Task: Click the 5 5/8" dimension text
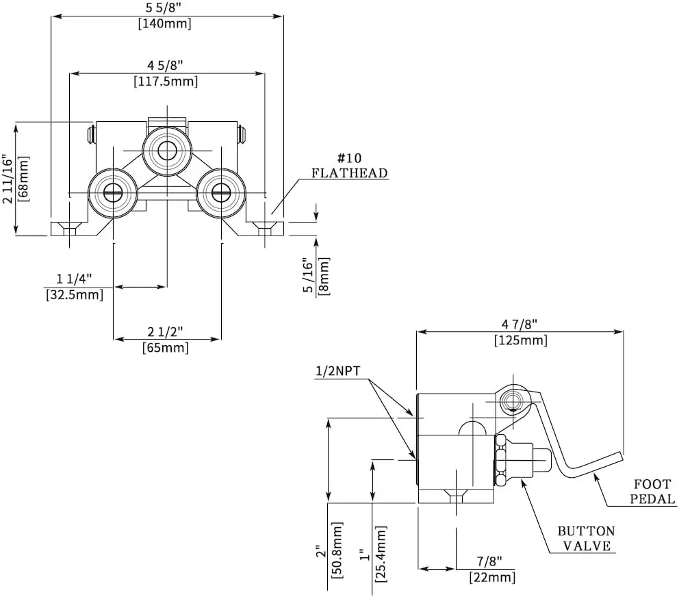[x=165, y=8]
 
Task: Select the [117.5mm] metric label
[x=166, y=81]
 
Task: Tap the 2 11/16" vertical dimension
[x=8, y=179]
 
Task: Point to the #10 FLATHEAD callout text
[x=350, y=166]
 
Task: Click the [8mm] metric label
[x=324, y=277]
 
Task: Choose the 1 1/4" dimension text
[x=74, y=279]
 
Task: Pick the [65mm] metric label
[x=166, y=348]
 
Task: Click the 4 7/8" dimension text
[x=520, y=324]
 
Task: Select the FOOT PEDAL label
[x=652, y=492]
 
